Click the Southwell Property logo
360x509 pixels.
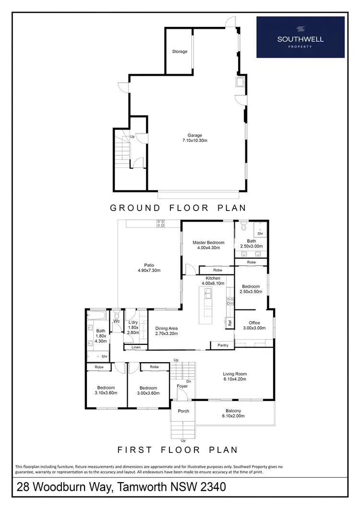(300, 37)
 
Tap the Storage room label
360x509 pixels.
(180, 52)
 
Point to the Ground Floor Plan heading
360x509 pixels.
(178, 208)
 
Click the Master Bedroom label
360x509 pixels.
(208, 243)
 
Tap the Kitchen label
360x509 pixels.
(213, 278)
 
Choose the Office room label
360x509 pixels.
(254, 323)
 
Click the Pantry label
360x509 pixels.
(223, 345)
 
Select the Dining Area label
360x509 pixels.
(167, 329)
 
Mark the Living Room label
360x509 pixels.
(235, 374)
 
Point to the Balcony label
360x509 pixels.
(235, 411)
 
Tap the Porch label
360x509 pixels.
(183, 411)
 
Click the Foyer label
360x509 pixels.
(182, 386)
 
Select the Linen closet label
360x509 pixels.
(136, 347)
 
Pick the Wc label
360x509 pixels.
(117, 321)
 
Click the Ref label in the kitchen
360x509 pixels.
(230, 323)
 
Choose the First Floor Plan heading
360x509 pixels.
(178, 450)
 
